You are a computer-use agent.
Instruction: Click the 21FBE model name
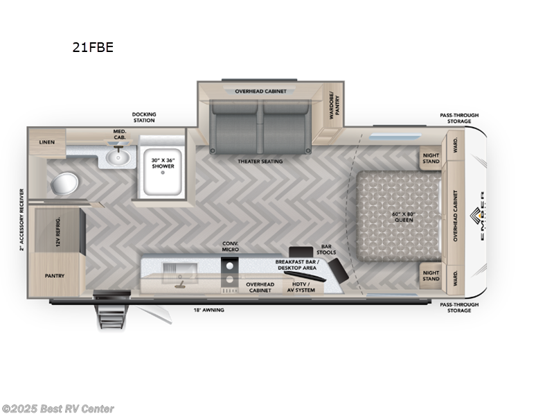tap(93, 48)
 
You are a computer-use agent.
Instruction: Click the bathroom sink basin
tap(118, 158)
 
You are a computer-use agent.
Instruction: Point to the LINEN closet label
tap(47, 142)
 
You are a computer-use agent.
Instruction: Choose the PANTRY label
tap(55, 275)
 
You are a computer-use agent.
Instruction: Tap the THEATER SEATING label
tap(260, 161)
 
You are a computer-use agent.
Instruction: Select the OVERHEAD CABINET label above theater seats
tap(260, 91)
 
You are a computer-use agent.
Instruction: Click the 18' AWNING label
tap(210, 310)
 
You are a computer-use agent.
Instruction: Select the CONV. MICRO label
tap(231, 247)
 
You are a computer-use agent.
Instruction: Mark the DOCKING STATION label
tap(144, 117)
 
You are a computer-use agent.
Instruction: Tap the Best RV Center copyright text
tap(58, 409)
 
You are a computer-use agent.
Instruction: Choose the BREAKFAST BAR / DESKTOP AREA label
tap(296, 265)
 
